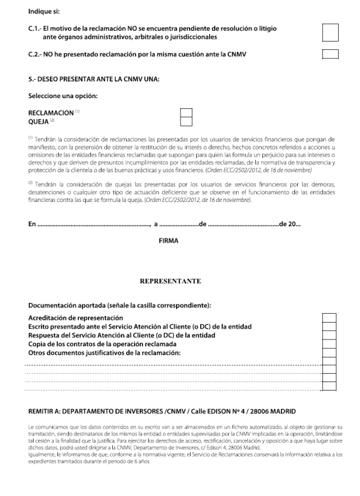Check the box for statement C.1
click(331, 33)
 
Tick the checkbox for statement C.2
click(331, 54)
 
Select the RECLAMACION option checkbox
click(186, 113)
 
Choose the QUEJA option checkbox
click(186, 121)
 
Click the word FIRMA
click(169, 240)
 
